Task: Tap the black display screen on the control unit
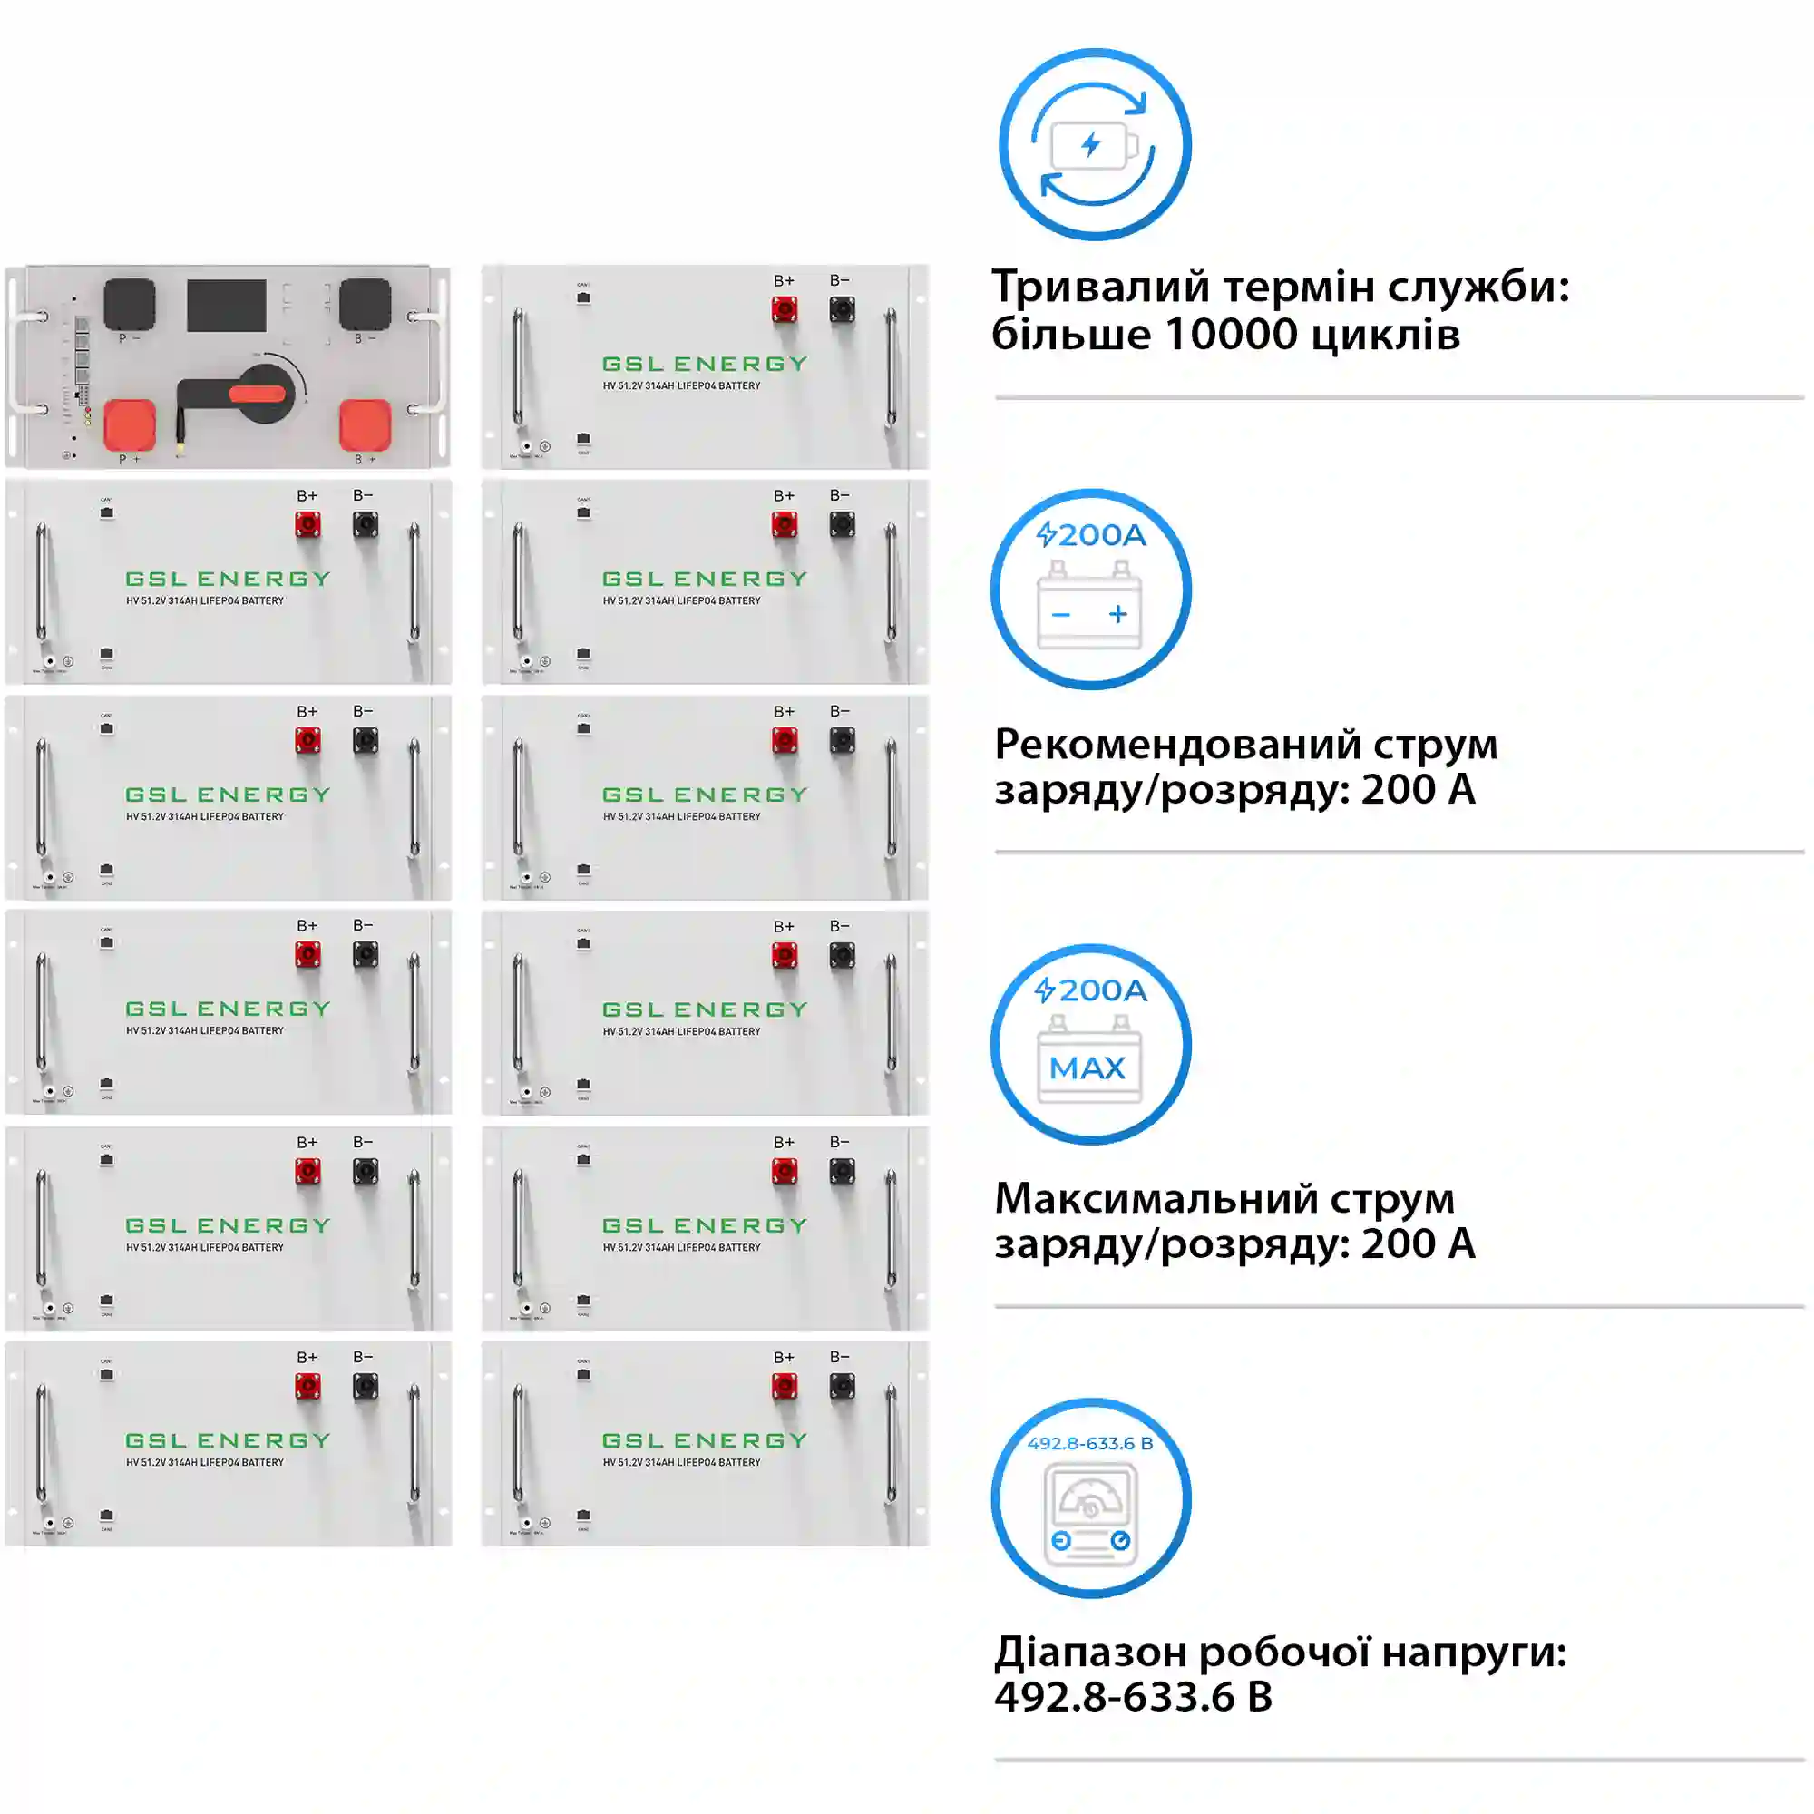pos(226,305)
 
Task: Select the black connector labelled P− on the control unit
pos(129,302)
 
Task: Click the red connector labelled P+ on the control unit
pos(130,424)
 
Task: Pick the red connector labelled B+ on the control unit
pos(366,424)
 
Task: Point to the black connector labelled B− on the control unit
pos(365,302)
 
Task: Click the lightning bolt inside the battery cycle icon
pos(1090,144)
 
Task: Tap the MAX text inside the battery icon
pos(1087,1068)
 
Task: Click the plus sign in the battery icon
pos(1117,614)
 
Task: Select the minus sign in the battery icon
pos(1061,615)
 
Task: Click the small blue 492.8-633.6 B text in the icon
pos(1089,1443)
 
